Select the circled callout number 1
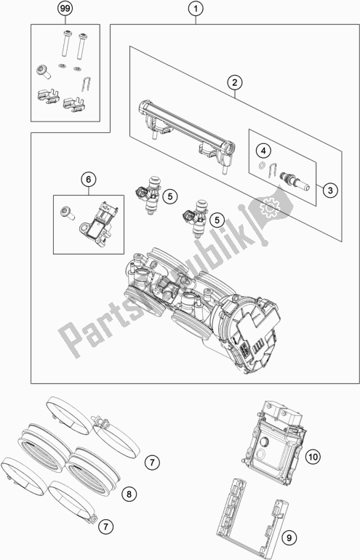pos(194,9)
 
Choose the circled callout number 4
pos(265,151)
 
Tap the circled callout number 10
pos(312,456)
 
